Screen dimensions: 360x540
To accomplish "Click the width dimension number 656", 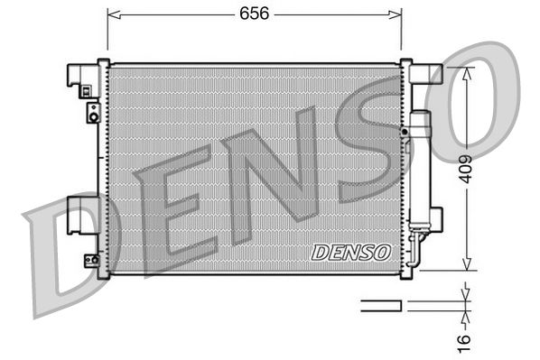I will click(254, 14).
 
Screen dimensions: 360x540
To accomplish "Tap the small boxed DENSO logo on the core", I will click(349, 253).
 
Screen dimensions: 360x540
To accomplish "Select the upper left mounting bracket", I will click(83, 77).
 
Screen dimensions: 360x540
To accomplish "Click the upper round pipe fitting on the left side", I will click(92, 112).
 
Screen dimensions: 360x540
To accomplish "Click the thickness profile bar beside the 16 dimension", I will click(380, 306).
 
